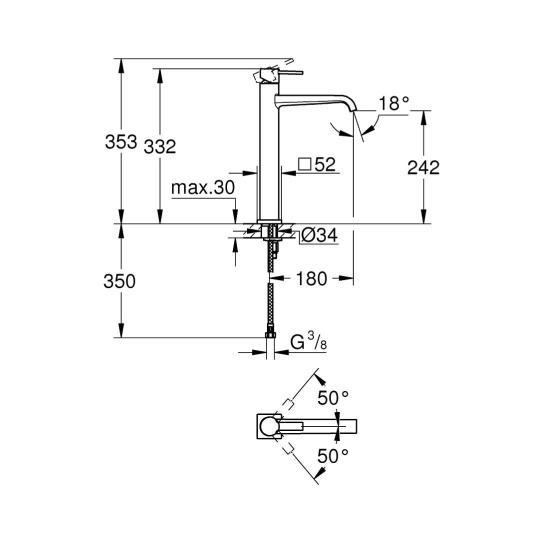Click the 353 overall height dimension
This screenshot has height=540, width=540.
pyautogui.click(x=120, y=141)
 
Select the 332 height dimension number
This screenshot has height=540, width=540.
pyautogui.click(x=160, y=146)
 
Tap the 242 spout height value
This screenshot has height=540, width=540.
pyautogui.click(x=423, y=167)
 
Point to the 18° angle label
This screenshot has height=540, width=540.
pyautogui.click(x=394, y=103)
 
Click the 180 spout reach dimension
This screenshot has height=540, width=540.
pyautogui.click(x=312, y=278)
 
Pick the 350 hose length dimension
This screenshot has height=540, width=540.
pyautogui.click(x=119, y=281)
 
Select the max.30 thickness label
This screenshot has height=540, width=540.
pyautogui.click(x=202, y=188)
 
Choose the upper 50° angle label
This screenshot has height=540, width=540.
pyautogui.click(x=333, y=398)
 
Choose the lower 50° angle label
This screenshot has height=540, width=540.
pyautogui.click(x=333, y=455)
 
